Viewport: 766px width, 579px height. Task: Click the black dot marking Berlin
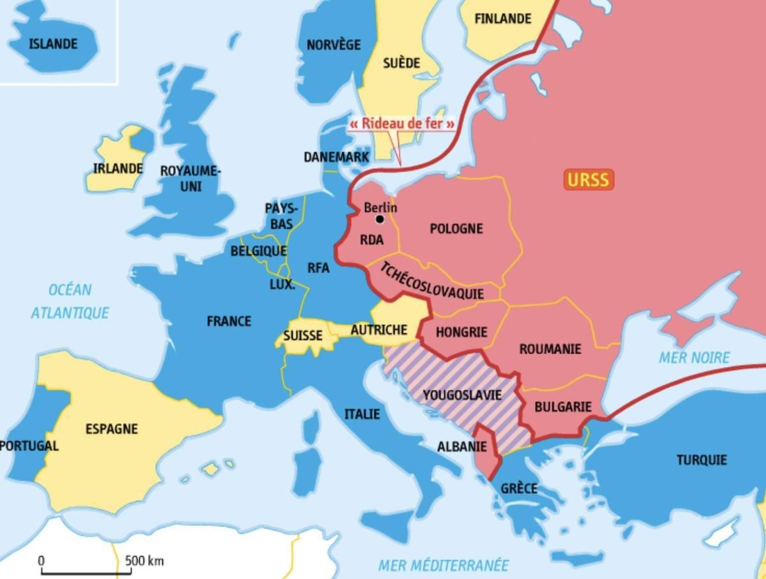(x=380, y=219)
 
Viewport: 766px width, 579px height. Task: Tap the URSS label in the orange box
(x=588, y=179)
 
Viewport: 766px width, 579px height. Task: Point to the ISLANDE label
(x=53, y=44)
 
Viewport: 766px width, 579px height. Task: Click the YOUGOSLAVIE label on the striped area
(x=462, y=395)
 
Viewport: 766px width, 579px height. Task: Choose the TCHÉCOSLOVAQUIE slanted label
(x=432, y=282)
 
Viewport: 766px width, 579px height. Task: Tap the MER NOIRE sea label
(x=694, y=357)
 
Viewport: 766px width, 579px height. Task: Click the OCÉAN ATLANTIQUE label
(x=70, y=301)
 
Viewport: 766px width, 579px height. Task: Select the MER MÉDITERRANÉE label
(x=444, y=566)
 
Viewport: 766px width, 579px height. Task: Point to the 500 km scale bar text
(x=144, y=561)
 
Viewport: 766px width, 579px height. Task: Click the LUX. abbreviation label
(x=282, y=285)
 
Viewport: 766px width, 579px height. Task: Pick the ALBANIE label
(x=462, y=447)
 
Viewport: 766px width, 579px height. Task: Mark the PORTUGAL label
(x=29, y=446)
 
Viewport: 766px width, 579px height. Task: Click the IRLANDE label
(x=118, y=169)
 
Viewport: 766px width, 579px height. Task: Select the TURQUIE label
(x=702, y=460)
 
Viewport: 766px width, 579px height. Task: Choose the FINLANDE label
(x=502, y=19)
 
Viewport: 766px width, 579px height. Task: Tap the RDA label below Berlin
(x=372, y=241)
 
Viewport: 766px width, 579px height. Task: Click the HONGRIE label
(x=462, y=332)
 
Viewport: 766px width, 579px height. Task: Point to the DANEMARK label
(x=336, y=157)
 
